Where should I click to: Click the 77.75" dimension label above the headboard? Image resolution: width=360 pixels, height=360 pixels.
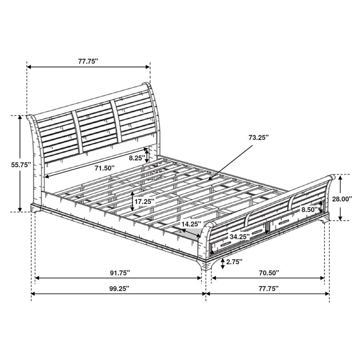pyautogui.click(x=88, y=61)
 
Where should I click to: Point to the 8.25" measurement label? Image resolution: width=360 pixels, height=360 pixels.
pyautogui.click(x=136, y=158)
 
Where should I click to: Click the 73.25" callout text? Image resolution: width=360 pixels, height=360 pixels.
pyautogui.click(x=258, y=137)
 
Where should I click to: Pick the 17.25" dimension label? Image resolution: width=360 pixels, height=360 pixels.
pyautogui.click(x=144, y=202)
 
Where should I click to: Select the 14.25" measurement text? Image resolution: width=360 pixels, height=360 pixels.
pyautogui.click(x=190, y=224)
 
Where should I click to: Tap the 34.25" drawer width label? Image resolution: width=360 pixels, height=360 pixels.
pyautogui.click(x=240, y=236)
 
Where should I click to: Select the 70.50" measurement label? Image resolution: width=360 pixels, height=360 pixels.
pyautogui.click(x=268, y=273)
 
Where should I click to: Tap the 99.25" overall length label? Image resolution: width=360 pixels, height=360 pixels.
pyautogui.click(x=119, y=288)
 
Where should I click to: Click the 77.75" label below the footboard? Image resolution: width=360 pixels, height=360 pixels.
pyautogui.click(x=268, y=288)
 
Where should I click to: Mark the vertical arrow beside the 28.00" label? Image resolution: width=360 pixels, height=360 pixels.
pyautogui.click(x=340, y=198)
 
